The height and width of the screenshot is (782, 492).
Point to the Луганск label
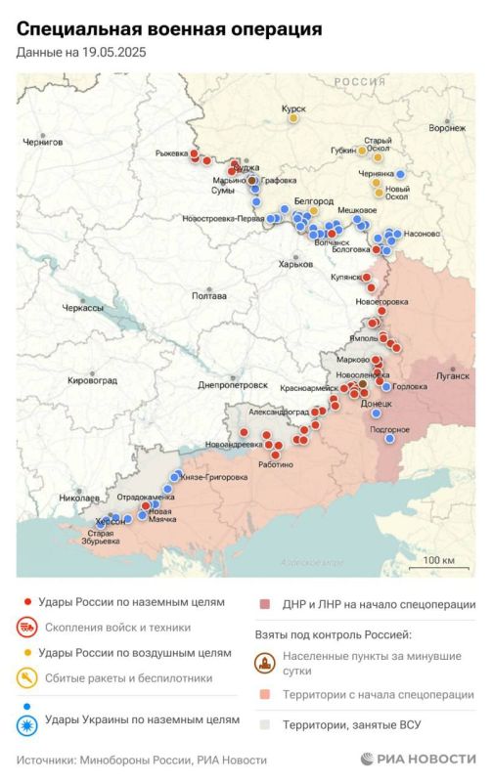pyautogui.click(x=451, y=374)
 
